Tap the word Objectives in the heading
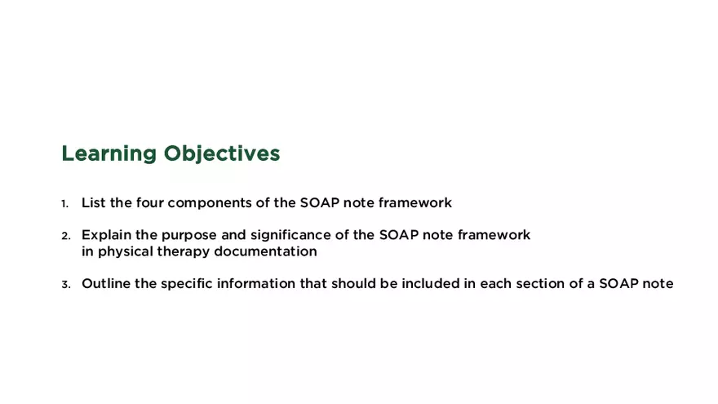(221, 154)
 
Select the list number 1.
(65, 203)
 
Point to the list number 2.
(65, 236)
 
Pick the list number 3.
(65, 285)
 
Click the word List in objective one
(93, 202)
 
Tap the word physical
(126, 252)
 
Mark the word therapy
(185, 252)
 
